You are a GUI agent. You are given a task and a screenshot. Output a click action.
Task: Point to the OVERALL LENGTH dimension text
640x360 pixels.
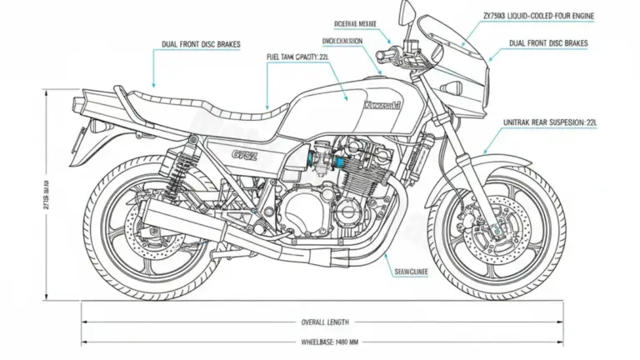click(x=325, y=322)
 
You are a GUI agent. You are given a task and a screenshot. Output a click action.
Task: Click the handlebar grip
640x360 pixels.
click(x=385, y=55)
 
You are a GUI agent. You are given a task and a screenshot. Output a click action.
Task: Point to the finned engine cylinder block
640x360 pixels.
click(x=360, y=179)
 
